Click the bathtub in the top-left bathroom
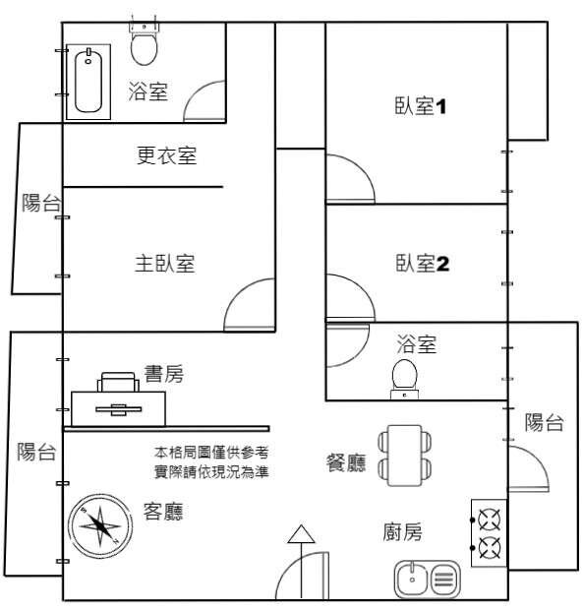click(x=88, y=82)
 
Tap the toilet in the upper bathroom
click(x=144, y=44)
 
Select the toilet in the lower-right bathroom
click(x=404, y=379)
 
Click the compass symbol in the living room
click(x=100, y=526)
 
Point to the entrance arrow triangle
click(x=301, y=534)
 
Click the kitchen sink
click(x=428, y=580)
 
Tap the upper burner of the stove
click(x=490, y=520)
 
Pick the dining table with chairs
click(x=404, y=456)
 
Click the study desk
click(x=118, y=409)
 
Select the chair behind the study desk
click(x=118, y=382)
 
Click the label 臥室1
click(x=420, y=106)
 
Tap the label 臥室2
click(x=422, y=263)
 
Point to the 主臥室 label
click(x=164, y=263)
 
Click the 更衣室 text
click(x=166, y=155)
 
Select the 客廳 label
click(x=163, y=512)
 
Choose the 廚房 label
click(x=402, y=531)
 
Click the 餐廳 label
click(x=346, y=462)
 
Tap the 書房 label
click(x=164, y=374)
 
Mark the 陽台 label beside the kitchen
click(x=544, y=422)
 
